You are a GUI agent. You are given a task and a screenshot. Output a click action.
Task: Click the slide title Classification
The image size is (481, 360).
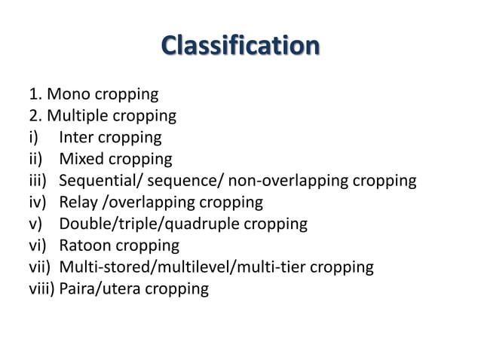coord(240,45)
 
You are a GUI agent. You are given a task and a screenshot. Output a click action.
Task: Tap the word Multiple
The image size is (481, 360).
coord(78,116)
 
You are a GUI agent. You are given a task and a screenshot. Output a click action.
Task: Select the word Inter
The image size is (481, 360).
coord(78,138)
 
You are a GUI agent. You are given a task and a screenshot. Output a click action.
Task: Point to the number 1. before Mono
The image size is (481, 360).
coord(35,95)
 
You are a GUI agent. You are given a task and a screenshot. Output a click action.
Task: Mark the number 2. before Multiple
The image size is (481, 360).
coord(35,116)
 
